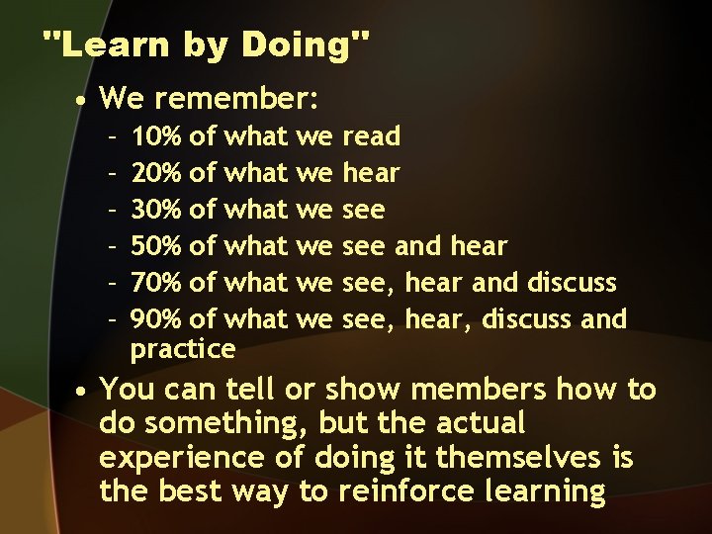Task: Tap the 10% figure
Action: [x=155, y=135]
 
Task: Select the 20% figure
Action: [x=155, y=173]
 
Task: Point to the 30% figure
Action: [x=155, y=210]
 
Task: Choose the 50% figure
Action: [x=155, y=246]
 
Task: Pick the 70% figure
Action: [x=155, y=283]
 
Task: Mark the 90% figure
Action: [x=155, y=319]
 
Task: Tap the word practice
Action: [x=183, y=349]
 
